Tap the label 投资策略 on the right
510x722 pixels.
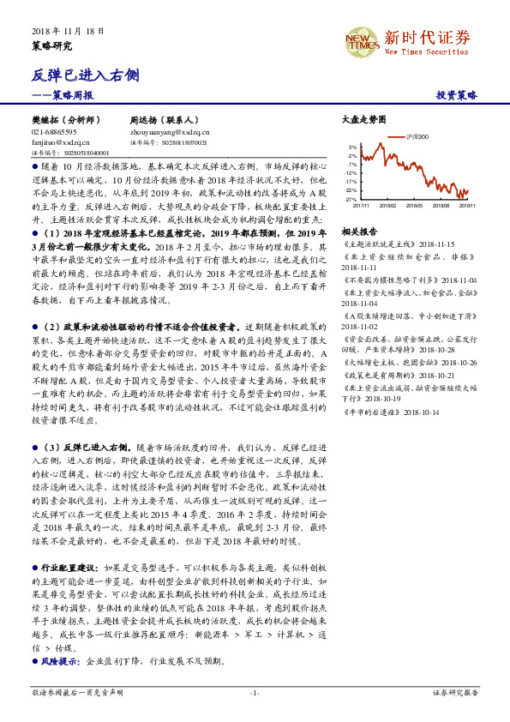[457, 95]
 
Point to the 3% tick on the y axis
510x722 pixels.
[352, 147]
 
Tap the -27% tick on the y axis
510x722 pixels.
[351, 199]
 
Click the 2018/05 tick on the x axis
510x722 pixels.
[415, 205]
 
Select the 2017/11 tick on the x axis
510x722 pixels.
[361, 205]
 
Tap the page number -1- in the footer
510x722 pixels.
[255, 692]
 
